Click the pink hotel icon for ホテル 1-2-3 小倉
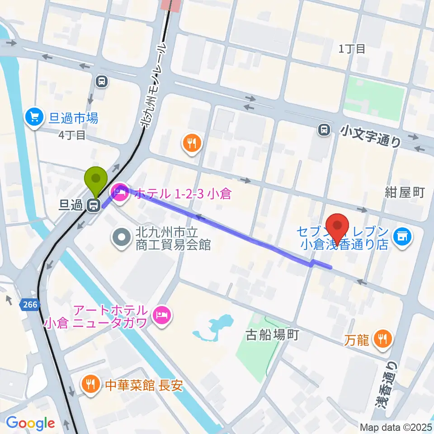tap(120, 194)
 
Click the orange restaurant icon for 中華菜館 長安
tap(91, 385)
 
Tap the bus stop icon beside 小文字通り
tap(324, 130)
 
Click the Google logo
tap(30, 424)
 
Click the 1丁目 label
tap(352, 49)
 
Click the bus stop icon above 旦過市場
tap(101, 81)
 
